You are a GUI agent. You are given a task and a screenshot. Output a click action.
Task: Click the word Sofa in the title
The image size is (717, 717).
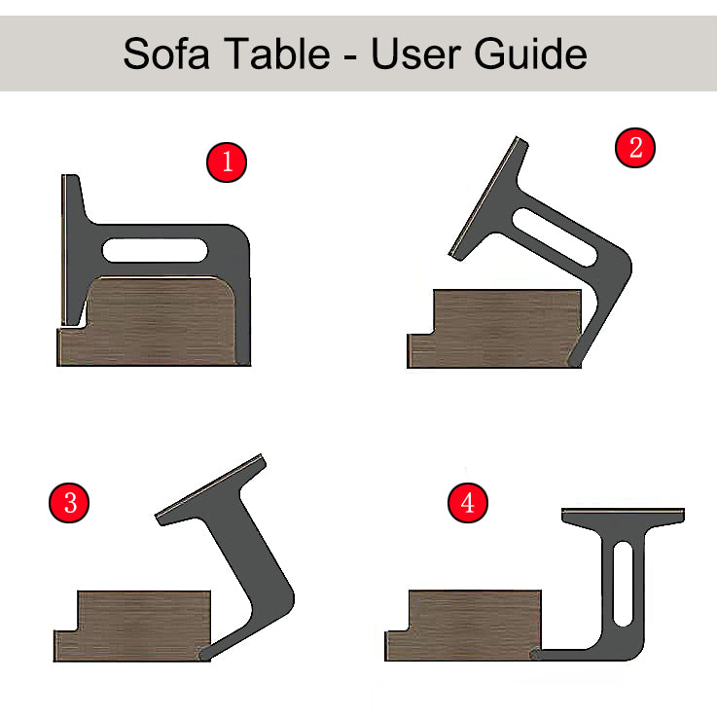166,54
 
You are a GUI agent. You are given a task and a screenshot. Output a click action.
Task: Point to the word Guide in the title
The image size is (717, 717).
530,54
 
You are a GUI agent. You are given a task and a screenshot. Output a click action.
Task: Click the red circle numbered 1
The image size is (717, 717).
227,162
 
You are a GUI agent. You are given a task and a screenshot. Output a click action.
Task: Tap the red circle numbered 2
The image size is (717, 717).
634,148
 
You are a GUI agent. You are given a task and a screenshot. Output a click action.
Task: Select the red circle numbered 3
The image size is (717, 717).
69,502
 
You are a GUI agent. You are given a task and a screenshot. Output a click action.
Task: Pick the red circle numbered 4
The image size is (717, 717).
467,503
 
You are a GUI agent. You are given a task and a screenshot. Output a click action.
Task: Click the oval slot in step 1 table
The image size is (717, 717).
155,250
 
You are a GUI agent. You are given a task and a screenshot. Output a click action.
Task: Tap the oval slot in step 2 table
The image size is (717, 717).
555,237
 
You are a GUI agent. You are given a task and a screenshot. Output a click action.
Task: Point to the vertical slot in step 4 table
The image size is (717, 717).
623,584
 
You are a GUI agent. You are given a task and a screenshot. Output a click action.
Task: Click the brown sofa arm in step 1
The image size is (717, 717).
151,322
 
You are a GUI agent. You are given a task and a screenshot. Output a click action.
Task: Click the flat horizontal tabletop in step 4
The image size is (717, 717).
623,515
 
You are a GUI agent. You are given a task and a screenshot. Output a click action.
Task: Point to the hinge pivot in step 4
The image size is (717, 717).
535,654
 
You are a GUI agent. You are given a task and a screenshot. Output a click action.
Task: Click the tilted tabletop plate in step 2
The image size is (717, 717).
488,198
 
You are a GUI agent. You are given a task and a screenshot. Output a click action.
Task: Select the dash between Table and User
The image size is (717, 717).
350,58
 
